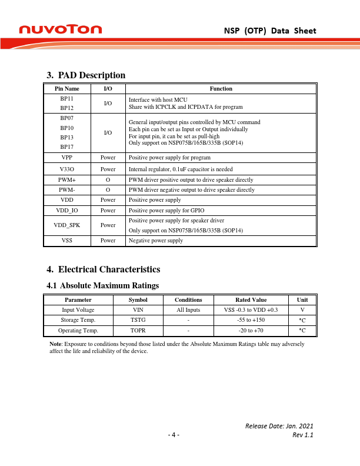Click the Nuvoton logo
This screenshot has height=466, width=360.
(61, 29)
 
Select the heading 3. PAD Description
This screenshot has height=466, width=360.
(86, 75)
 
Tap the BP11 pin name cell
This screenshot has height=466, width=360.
(66, 99)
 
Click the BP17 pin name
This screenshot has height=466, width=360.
(66, 147)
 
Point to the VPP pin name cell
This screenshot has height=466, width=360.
(66, 158)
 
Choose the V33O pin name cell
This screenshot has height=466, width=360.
(66, 169)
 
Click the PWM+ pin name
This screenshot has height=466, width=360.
(66, 179)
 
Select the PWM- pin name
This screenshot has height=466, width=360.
(66, 190)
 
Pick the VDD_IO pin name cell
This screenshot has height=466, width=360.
(66, 209)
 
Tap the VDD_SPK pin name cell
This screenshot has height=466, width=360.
(66, 225)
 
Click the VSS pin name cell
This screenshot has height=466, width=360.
(66, 240)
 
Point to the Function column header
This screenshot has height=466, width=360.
(221, 88)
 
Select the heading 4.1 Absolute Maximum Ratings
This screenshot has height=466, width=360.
(102, 285)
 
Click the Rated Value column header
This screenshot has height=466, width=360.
(251, 299)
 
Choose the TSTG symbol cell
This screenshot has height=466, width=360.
(137, 319)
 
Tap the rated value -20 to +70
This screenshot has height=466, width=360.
(251, 330)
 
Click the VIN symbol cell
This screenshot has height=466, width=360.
(137, 309)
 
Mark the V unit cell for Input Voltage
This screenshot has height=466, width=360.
(302, 309)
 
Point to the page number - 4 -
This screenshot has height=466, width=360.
(174, 435)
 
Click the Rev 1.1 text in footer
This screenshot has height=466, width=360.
(303, 435)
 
